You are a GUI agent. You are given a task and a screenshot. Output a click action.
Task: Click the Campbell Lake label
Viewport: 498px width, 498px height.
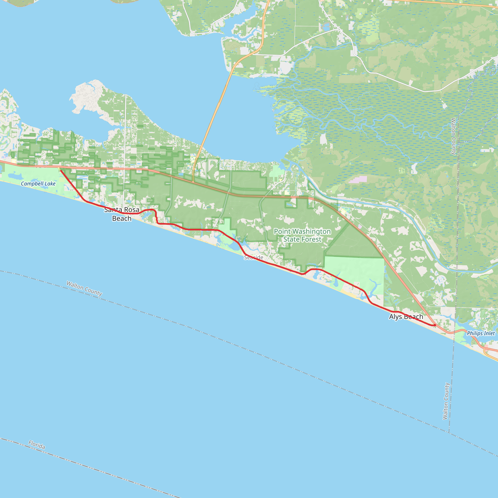tap(38, 184)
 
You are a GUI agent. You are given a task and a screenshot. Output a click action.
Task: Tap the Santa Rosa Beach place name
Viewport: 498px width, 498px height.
tap(122, 214)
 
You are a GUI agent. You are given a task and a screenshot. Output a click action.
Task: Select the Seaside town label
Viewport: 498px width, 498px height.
tap(254, 257)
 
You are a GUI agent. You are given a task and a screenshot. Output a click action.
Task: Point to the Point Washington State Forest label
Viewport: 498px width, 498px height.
tap(302, 235)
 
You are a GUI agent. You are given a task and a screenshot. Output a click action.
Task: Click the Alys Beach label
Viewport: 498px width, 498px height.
tap(406, 317)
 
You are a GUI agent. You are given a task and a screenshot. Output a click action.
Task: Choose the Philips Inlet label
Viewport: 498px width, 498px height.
tap(481, 333)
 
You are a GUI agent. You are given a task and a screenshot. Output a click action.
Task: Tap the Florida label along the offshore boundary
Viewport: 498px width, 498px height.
tap(37, 445)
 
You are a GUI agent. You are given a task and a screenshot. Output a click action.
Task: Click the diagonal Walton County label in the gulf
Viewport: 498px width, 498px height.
tap(84, 288)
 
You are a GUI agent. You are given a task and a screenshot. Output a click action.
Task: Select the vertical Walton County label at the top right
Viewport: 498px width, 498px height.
tap(454, 136)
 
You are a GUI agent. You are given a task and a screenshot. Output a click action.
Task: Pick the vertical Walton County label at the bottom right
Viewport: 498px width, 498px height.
tap(446, 401)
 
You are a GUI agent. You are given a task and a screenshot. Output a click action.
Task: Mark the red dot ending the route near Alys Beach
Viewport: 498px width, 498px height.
tap(435, 325)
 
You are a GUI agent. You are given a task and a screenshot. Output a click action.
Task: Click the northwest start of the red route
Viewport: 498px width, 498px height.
tap(61, 171)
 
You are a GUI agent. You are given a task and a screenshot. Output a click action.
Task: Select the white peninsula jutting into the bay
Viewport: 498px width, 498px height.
tap(85, 95)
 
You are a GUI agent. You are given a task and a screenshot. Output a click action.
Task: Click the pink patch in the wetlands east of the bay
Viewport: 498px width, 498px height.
tap(357, 179)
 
